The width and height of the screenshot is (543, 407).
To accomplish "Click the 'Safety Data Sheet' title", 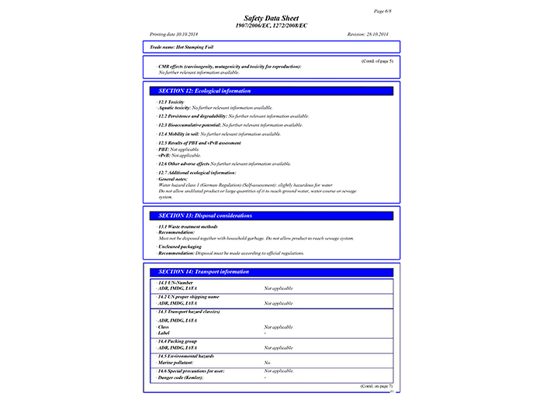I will click(271, 18).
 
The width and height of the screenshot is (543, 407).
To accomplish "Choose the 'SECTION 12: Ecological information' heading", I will click(204, 91).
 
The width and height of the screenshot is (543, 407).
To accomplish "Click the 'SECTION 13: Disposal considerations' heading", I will click(205, 215).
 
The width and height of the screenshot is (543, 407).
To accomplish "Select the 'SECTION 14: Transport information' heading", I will click(203, 272).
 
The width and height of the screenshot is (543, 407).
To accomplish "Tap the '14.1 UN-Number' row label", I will click(176, 283).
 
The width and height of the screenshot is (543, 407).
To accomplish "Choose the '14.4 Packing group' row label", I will click(178, 341).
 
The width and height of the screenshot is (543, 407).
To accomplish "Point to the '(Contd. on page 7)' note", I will click(376, 385).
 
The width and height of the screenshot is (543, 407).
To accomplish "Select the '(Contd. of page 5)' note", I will click(377, 60).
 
